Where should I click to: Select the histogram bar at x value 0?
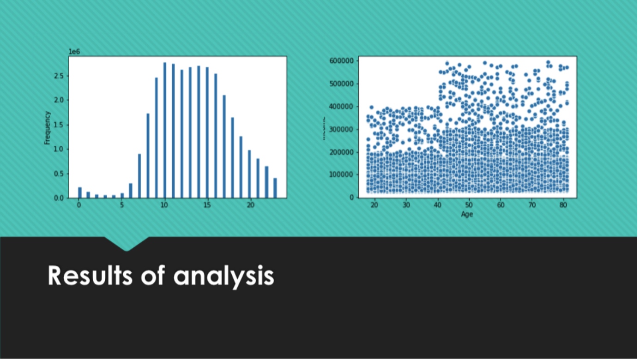79,192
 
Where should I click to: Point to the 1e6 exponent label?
74,52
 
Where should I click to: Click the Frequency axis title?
47,128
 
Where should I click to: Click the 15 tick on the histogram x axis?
207,205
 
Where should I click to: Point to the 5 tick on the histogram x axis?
122,205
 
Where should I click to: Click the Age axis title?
468,214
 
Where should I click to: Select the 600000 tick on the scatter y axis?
342,61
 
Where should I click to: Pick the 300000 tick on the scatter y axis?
342,129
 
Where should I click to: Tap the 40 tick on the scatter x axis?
437,205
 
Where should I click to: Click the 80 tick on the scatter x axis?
563,205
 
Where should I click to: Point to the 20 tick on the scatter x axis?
374,205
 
